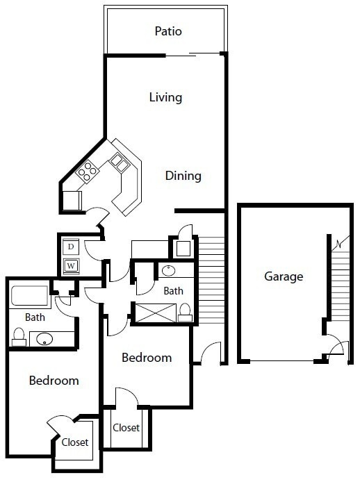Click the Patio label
click(x=168, y=31)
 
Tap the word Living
click(x=165, y=97)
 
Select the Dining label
click(x=183, y=176)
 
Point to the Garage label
click(x=284, y=276)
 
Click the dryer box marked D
click(x=71, y=247)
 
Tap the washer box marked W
click(x=71, y=265)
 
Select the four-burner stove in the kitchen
click(x=88, y=171)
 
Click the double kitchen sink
click(x=118, y=164)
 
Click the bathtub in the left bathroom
click(x=29, y=296)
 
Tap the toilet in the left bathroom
click(x=19, y=338)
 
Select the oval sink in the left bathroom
click(x=45, y=340)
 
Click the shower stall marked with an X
click(x=154, y=313)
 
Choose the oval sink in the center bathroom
click(x=170, y=271)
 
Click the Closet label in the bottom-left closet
click(x=75, y=442)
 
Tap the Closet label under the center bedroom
click(x=126, y=428)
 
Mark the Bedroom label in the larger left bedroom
click(x=54, y=381)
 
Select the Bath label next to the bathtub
click(x=35, y=317)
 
